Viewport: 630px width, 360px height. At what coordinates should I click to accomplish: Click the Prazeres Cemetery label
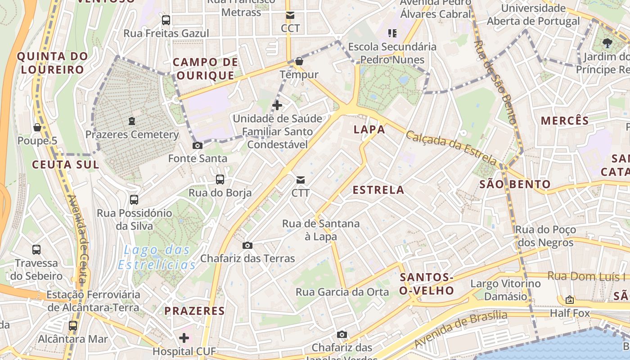pyautogui.click(x=132, y=135)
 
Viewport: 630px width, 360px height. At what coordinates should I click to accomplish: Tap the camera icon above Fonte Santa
pyautogui.click(x=197, y=145)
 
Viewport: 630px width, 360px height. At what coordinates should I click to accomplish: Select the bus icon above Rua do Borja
pyautogui.click(x=220, y=180)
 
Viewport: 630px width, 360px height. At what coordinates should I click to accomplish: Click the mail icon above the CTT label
pyautogui.click(x=300, y=180)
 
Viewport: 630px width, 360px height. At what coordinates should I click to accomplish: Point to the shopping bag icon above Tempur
pyautogui.click(x=299, y=61)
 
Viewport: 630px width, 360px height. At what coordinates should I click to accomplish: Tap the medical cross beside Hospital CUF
pyautogui.click(x=184, y=337)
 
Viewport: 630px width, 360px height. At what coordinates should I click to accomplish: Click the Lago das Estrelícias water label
pyautogui.click(x=157, y=257)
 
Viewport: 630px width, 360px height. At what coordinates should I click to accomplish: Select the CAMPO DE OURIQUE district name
pyautogui.click(x=205, y=69)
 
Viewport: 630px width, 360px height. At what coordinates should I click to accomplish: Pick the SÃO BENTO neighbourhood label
pyautogui.click(x=515, y=184)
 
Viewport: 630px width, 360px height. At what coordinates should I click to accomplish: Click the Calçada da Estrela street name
pyautogui.click(x=451, y=147)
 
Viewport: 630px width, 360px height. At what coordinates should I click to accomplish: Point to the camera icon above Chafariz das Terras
pyautogui.click(x=247, y=245)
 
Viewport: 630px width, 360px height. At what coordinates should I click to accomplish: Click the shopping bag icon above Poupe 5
pyautogui.click(x=37, y=128)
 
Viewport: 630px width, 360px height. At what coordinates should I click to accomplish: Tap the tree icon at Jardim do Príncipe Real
pyautogui.click(x=607, y=43)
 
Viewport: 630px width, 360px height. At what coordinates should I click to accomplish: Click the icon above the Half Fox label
pyautogui.click(x=570, y=300)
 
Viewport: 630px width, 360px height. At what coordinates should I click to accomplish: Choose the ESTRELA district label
pyautogui.click(x=378, y=190)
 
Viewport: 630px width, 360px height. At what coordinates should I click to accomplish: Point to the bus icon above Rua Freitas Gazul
pyautogui.click(x=166, y=20)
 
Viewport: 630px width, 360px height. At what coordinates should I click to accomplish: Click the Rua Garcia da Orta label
pyautogui.click(x=342, y=292)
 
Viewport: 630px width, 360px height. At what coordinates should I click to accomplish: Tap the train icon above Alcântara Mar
pyautogui.click(x=73, y=325)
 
